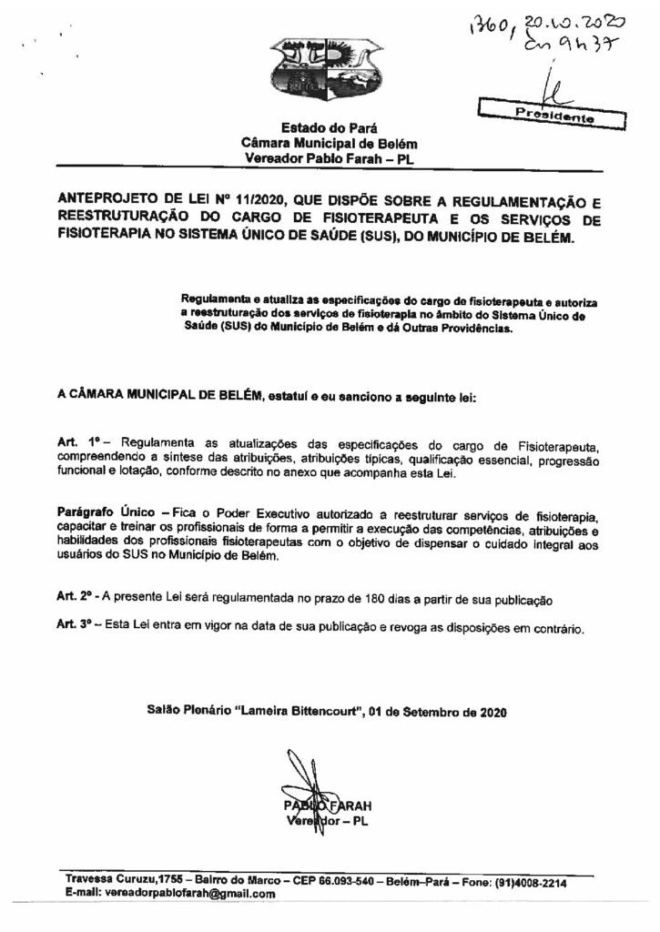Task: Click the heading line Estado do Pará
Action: (x=330, y=128)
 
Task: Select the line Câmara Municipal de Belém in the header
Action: (x=330, y=143)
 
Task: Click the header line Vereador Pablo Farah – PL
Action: (x=330, y=157)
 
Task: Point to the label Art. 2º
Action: (x=72, y=596)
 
